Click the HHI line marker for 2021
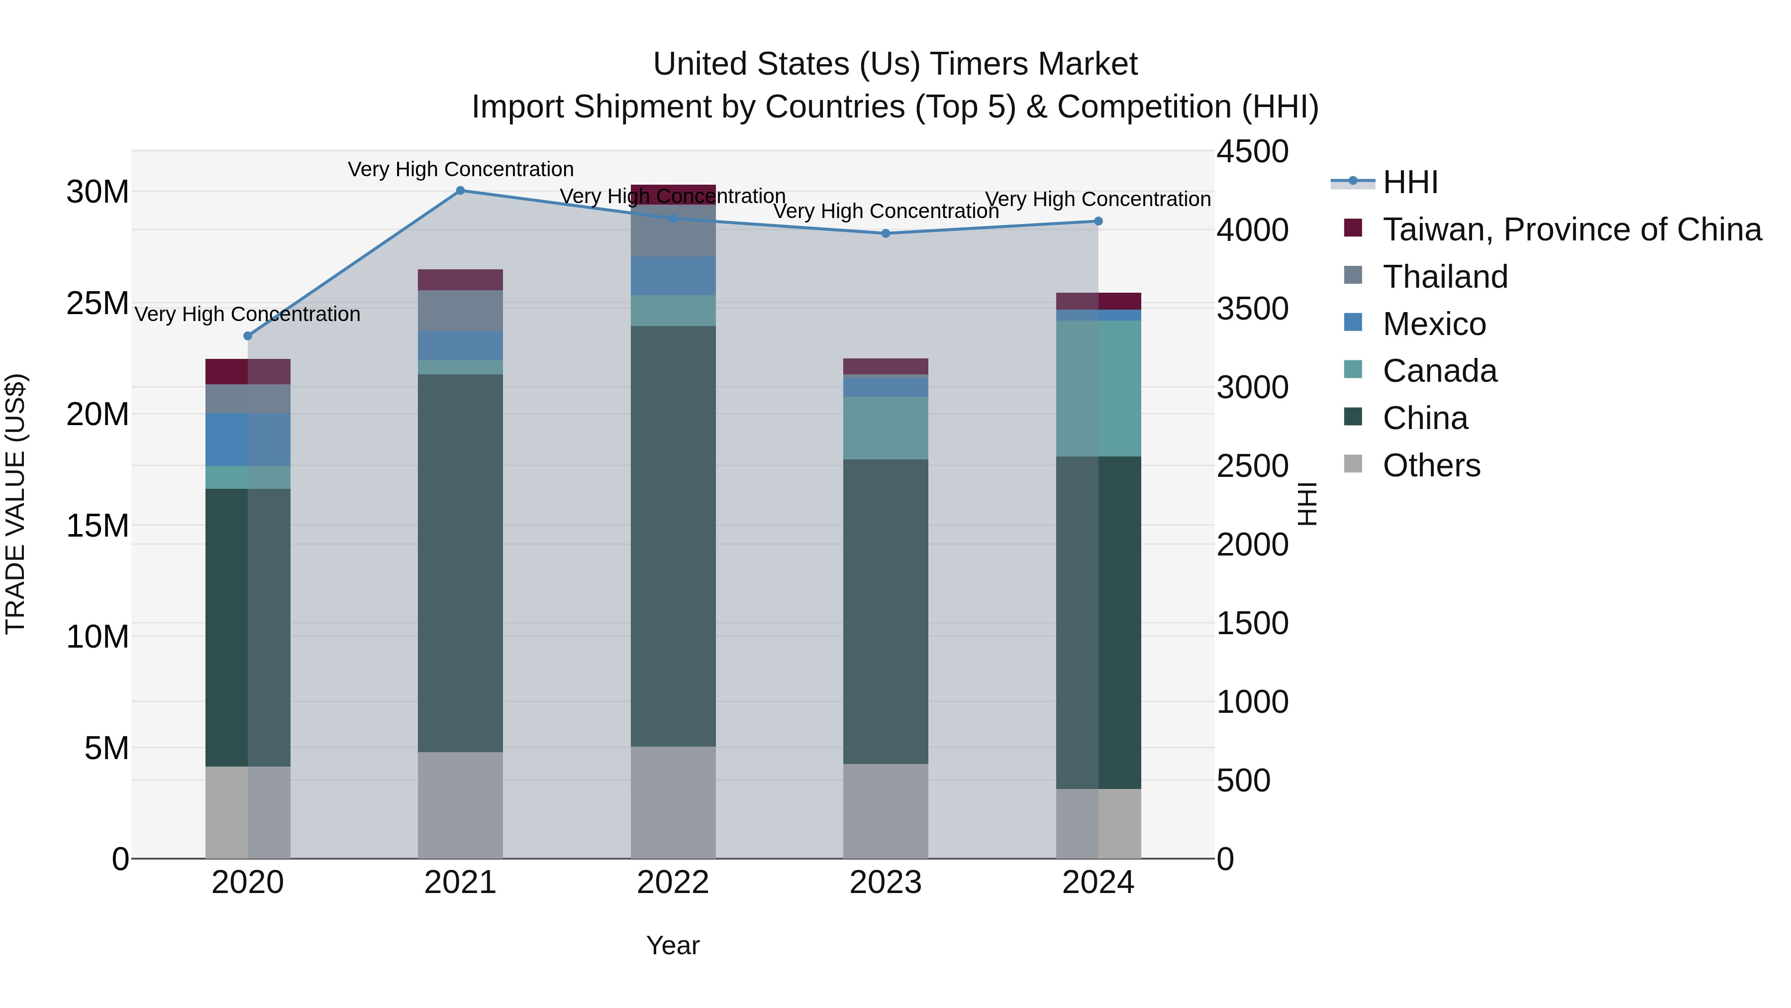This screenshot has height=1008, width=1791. pyautogui.click(x=460, y=191)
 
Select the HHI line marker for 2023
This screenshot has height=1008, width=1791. pyautogui.click(x=886, y=234)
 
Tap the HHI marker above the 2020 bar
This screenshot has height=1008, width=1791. pyautogui.click(x=248, y=336)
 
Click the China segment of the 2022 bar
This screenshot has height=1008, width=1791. pyautogui.click(x=673, y=536)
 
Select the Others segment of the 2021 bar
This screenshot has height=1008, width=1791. pyautogui.click(x=460, y=805)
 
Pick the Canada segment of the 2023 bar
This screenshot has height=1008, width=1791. pyautogui.click(x=886, y=428)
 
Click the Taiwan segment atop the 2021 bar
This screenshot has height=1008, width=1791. pyautogui.click(x=460, y=280)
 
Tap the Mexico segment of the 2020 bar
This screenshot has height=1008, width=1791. pyautogui.click(x=248, y=440)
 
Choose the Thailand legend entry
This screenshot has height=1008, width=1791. pyautogui.click(x=1445, y=277)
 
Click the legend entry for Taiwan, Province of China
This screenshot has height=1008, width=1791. pyautogui.click(x=1571, y=229)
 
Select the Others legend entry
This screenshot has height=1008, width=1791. pyautogui.click(x=1431, y=465)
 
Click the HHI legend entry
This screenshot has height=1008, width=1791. pyautogui.click(x=1410, y=182)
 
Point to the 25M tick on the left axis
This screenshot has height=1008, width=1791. pyautogui.click(x=98, y=303)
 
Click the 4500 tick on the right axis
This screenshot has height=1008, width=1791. pyautogui.click(x=1252, y=152)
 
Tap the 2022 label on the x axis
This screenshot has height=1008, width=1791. pyautogui.click(x=673, y=883)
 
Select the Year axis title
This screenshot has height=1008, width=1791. pyautogui.click(x=673, y=945)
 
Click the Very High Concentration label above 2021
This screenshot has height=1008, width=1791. pyautogui.click(x=460, y=170)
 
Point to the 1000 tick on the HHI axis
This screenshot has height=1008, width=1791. pyautogui.click(x=1252, y=701)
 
